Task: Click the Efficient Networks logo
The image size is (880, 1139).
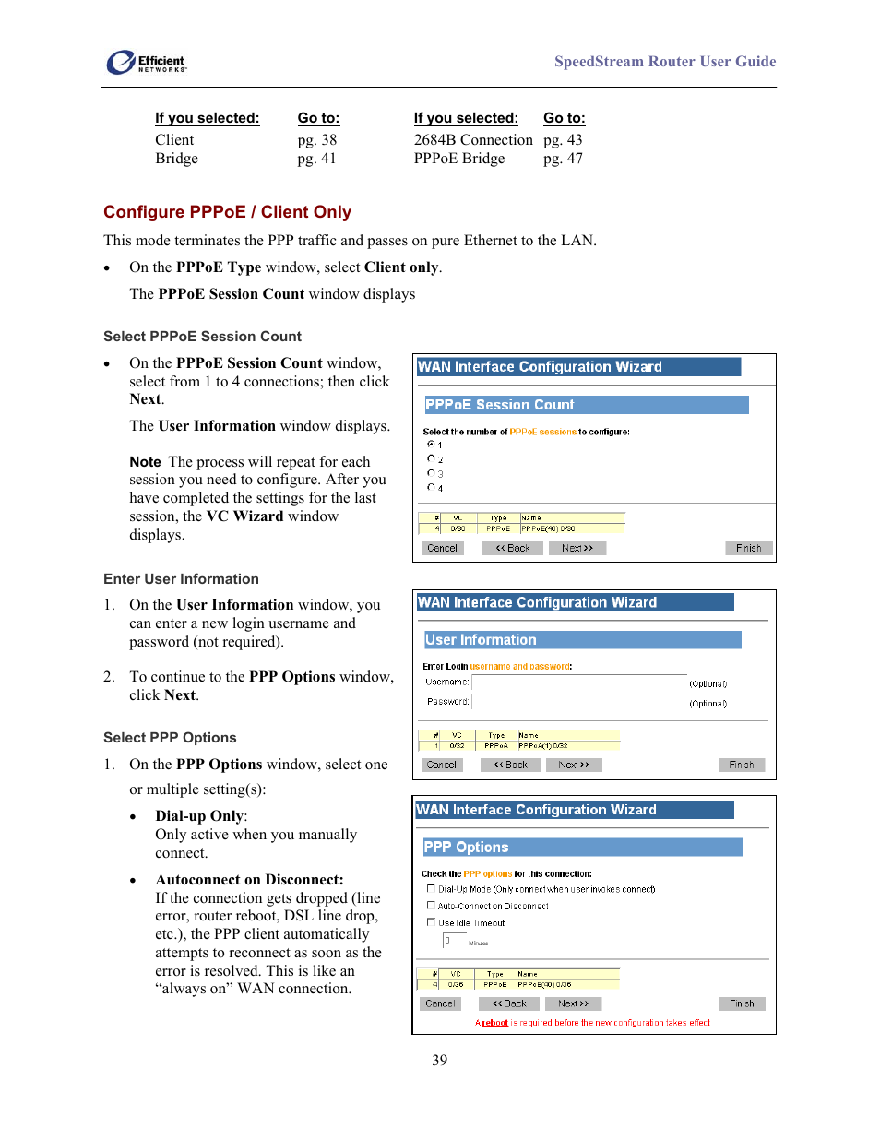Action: coord(146,62)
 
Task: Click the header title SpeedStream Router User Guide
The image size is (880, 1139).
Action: coord(664,62)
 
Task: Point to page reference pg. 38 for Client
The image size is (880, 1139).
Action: coord(316,140)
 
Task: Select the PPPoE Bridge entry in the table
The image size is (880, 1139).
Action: coord(458,159)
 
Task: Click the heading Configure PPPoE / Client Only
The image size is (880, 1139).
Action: coord(227,212)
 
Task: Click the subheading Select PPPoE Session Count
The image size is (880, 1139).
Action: coord(202,337)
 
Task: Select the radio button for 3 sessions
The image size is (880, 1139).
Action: coord(431,473)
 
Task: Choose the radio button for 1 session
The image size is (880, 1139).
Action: coord(431,445)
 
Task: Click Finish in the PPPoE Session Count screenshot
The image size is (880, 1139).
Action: coord(748,548)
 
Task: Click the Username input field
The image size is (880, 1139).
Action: coord(578,683)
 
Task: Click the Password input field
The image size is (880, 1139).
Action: coord(578,703)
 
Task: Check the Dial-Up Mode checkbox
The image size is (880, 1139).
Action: coord(431,889)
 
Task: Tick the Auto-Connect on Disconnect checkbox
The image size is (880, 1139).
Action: coord(431,906)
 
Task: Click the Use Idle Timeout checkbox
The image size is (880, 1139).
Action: coord(431,922)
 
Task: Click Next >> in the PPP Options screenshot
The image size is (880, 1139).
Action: coord(573,1003)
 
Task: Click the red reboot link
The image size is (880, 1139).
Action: coord(495,1023)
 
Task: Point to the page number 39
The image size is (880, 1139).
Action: coord(440,1061)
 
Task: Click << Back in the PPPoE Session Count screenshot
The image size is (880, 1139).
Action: coord(513,548)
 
